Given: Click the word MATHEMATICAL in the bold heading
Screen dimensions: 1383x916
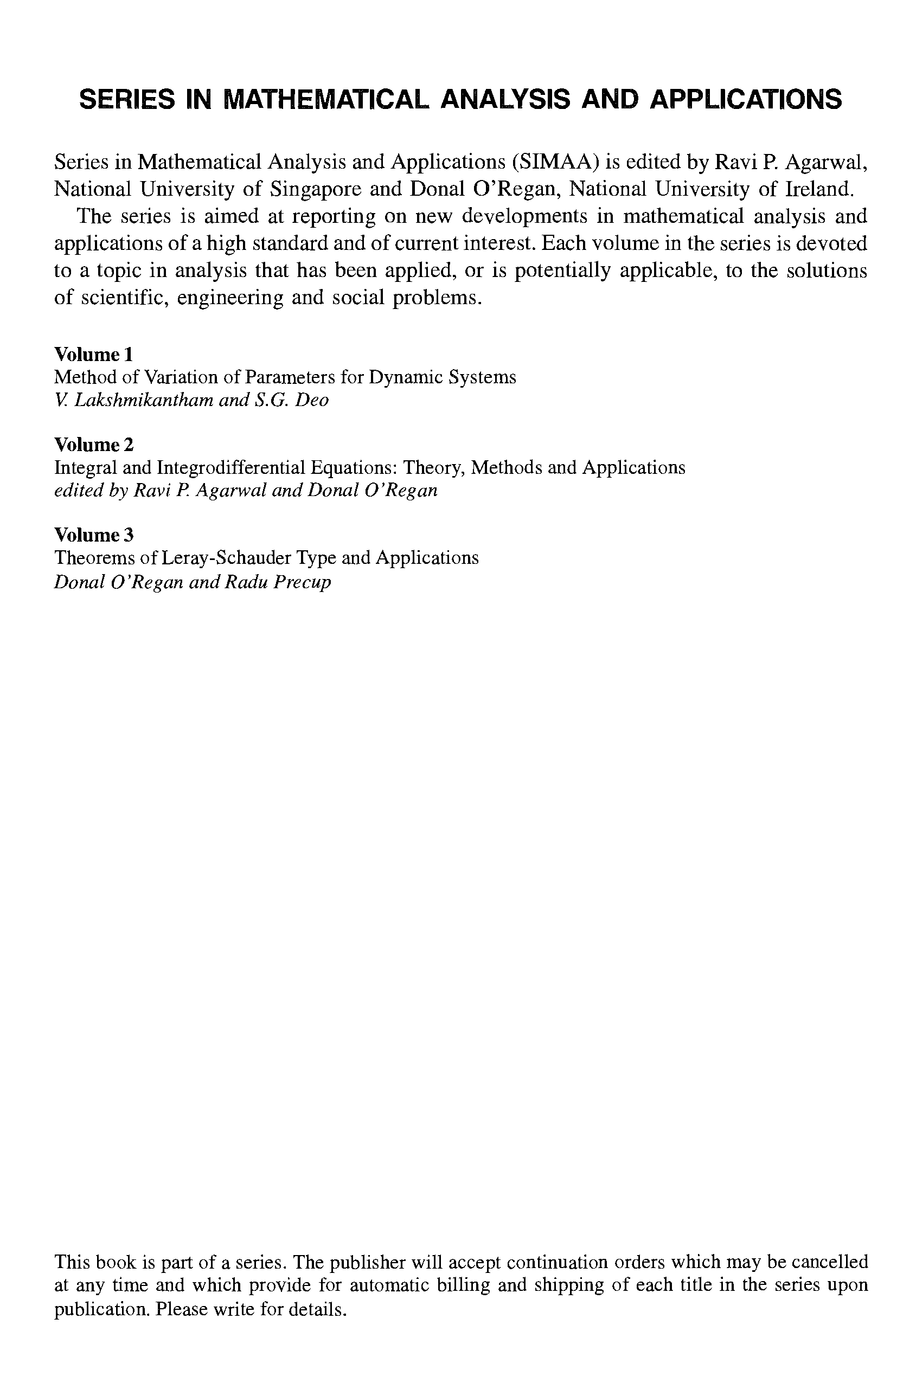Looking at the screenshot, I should (x=327, y=100).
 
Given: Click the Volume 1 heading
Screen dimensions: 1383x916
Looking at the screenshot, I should (x=93, y=355).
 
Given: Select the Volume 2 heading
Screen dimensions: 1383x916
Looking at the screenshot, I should (x=93, y=445).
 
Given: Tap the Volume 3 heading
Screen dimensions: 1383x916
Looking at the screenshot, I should (x=93, y=535).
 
